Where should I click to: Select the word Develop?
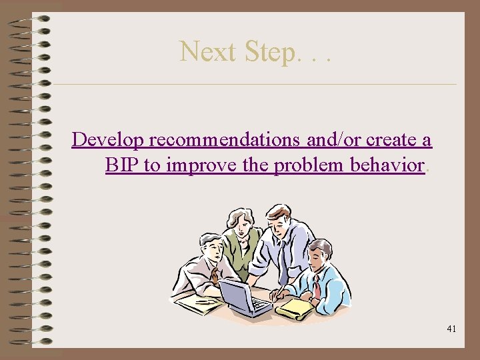[109, 141]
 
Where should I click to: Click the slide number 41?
[451, 329]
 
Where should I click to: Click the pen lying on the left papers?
[205, 301]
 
